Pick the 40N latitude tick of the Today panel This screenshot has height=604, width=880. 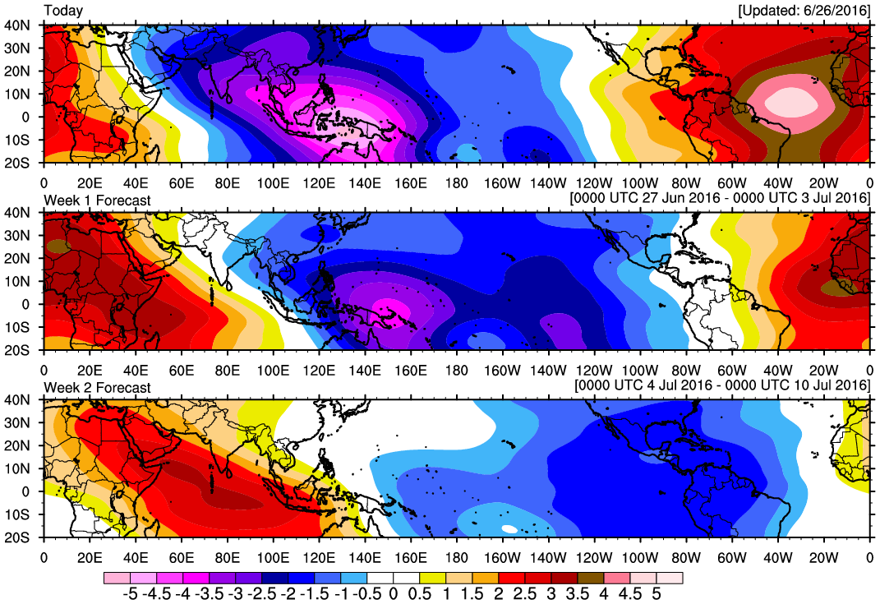click(18, 25)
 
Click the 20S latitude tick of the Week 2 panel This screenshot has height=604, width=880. click(18, 537)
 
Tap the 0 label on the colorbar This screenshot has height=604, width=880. click(393, 592)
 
